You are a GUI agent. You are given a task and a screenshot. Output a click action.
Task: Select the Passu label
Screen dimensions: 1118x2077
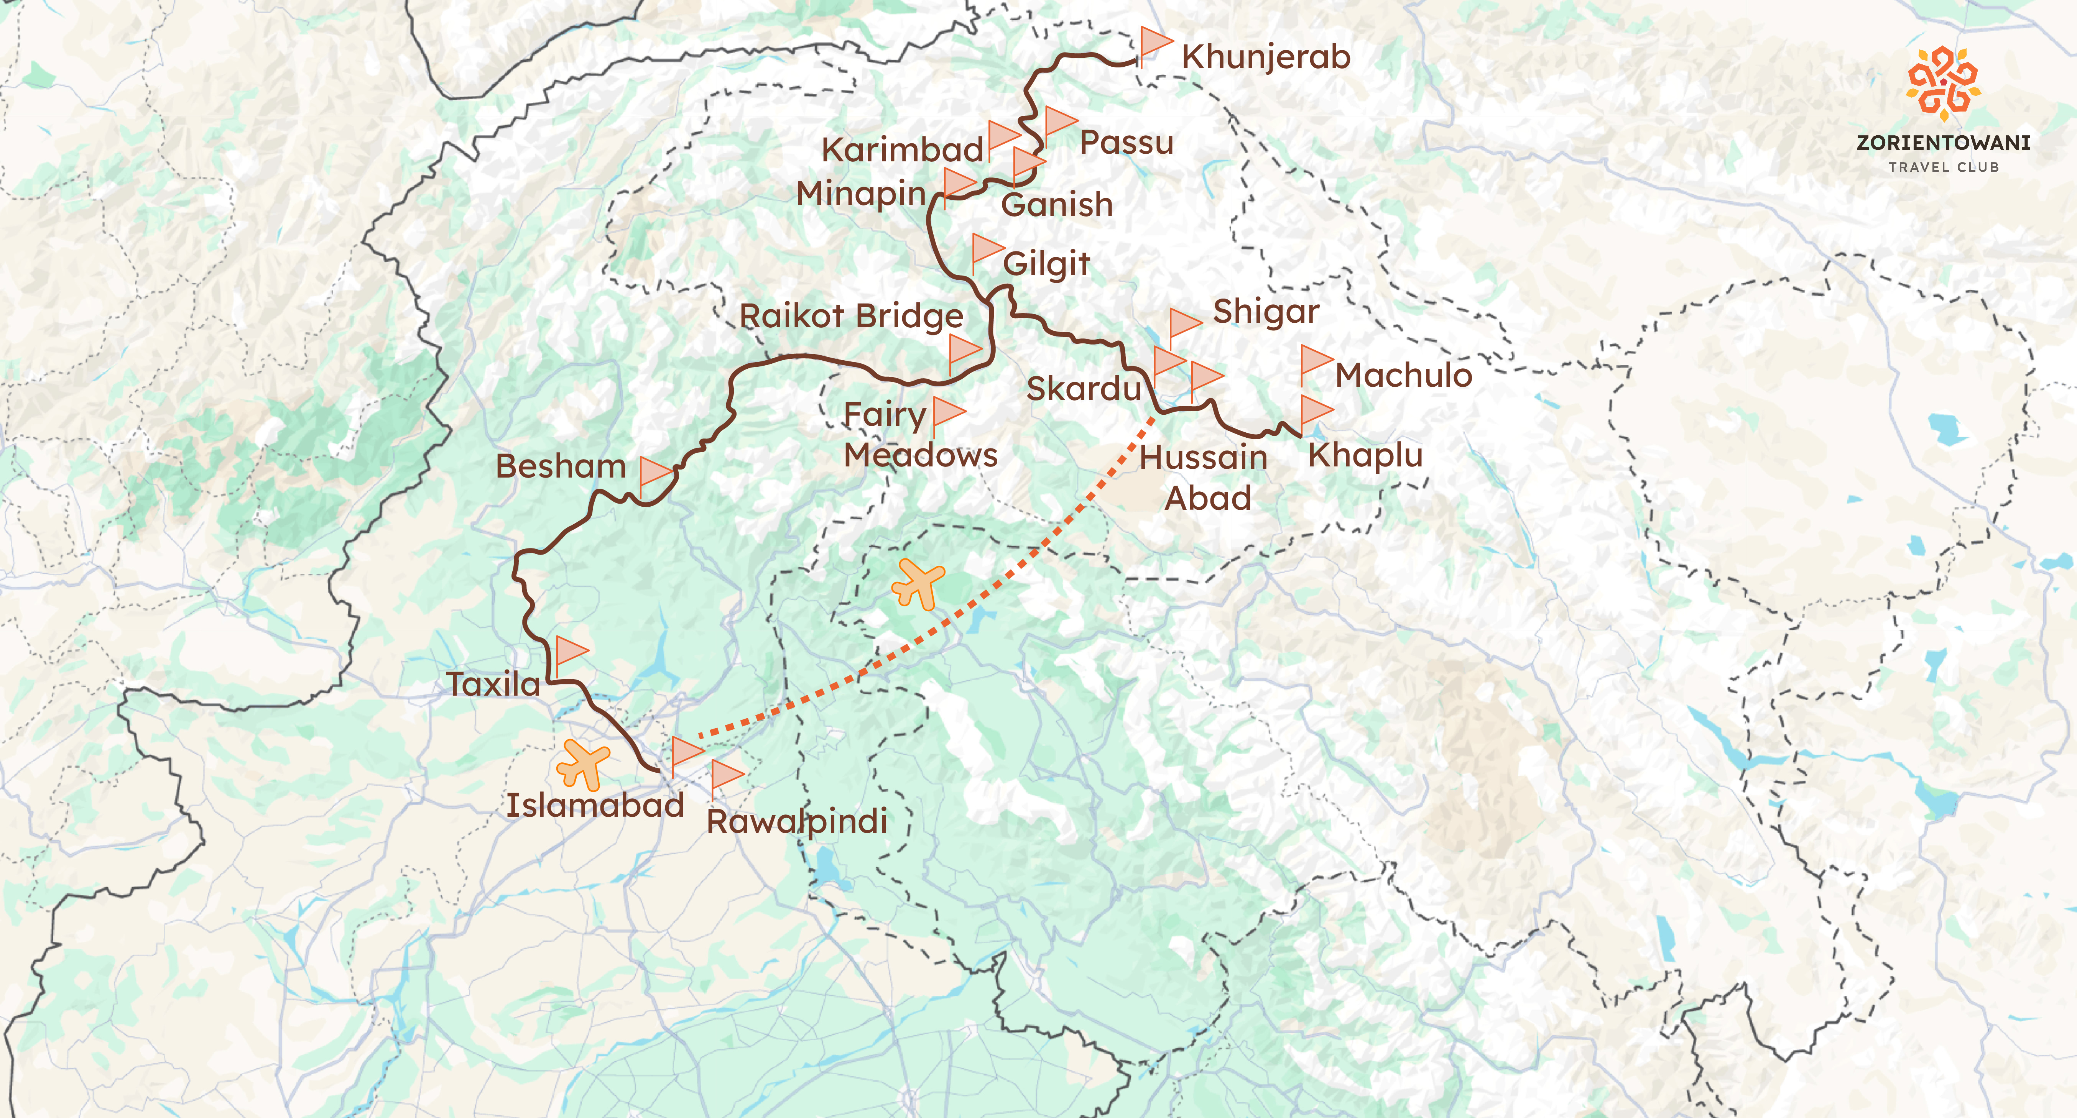coord(1126,143)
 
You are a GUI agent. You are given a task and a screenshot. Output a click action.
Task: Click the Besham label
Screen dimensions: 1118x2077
coord(560,467)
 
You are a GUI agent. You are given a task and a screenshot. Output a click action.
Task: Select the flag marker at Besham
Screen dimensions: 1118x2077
coord(655,473)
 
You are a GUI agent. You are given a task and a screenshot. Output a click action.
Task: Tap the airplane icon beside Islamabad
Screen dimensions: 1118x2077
coord(583,763)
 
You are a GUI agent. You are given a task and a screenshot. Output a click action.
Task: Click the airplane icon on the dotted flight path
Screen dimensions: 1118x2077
coord(918,583)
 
